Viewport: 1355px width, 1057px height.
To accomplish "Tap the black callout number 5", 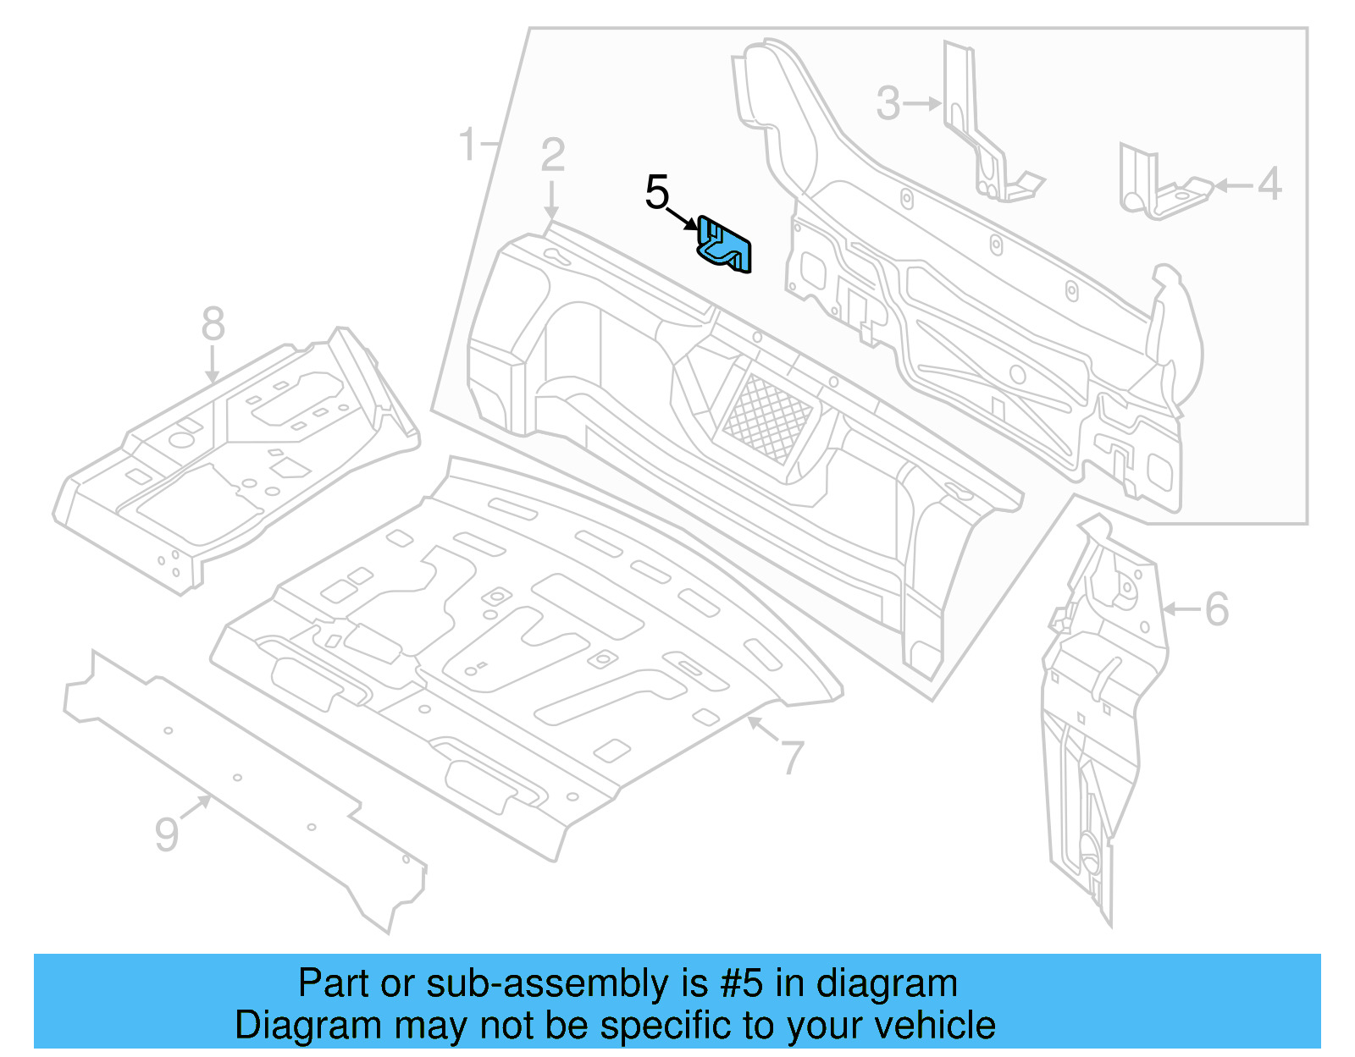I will [x=657, y=193].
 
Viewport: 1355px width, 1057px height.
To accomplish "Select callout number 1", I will [x=468, y=144].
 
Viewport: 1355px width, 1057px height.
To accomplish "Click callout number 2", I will [x=552, y=156].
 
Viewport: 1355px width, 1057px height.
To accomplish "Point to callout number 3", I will [x=888, y=103].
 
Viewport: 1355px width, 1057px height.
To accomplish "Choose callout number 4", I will [x=1269, y=184].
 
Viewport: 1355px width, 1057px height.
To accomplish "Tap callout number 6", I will [x=1216, y=609].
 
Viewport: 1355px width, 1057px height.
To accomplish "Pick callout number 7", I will [x=793, y=757].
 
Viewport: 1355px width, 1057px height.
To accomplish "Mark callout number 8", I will [x=213, y=324].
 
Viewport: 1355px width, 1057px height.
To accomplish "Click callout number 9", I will [x=167, y=834].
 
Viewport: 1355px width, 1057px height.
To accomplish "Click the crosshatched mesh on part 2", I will [x=766, y=418].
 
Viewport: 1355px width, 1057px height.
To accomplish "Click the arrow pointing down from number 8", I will [x=212, y=366].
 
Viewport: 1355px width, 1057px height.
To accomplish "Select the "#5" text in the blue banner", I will [x=742, y=984].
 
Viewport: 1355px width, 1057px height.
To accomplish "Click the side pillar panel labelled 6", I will [x=1101, y=719].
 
